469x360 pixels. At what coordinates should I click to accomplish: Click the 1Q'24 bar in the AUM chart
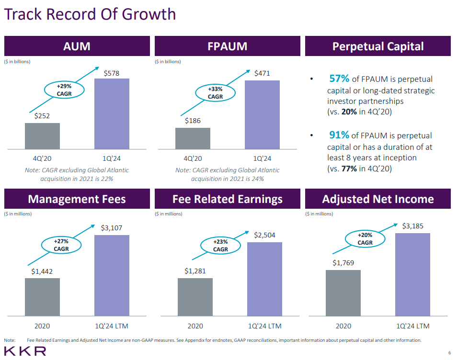point(112,113)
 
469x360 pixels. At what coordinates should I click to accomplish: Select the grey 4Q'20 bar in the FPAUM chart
point(193,138)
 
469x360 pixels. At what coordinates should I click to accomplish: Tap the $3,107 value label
point(112,228)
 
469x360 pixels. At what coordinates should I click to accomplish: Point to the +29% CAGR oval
point(64,90)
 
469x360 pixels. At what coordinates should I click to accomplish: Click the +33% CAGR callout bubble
point(216,93)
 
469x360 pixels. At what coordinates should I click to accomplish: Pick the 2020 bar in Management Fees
point(42,297)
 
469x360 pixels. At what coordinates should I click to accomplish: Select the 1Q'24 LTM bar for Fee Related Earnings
point(264,279)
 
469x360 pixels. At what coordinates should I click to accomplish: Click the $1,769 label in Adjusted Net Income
point(343,263)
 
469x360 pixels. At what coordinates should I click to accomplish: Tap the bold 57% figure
point(339,79)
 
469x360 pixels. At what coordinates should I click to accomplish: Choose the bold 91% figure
point(339,135)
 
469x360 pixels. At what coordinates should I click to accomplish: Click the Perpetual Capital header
point(377,46)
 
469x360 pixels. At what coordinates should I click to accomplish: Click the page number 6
point(449,353)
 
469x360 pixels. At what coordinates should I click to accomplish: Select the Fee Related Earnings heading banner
point(227,199)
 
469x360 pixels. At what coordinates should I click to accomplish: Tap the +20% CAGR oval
point(365,239)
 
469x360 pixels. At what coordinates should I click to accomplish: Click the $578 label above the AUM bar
point(112,73)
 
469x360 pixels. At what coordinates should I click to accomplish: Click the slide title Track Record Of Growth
point(90,14)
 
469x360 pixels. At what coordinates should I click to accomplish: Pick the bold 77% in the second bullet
point(349,169)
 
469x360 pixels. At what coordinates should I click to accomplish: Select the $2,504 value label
point(264,235)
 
